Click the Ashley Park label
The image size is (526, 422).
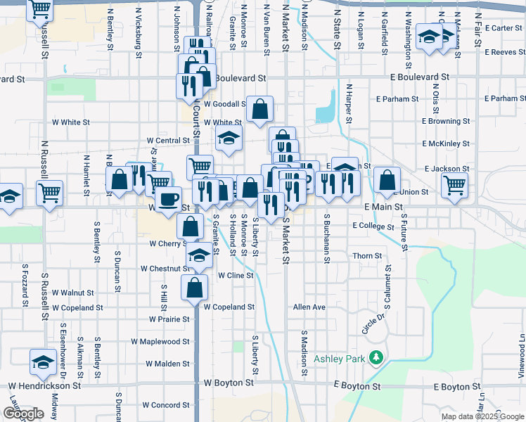[340, 359]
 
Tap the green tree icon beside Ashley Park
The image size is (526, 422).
[377, 358]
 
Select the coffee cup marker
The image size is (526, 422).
[167, 200]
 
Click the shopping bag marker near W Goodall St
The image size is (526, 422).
[259, 109]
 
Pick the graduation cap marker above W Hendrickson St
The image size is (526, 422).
[43, 362]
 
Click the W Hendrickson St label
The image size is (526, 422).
[44, 386]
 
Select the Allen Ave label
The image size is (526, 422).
[309, 307]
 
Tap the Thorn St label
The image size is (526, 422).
[367, 256]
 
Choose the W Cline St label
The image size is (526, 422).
[236, 276]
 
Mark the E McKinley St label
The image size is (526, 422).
[446, 143]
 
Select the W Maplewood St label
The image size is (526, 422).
[160, 342]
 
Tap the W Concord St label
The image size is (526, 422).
[166, 405]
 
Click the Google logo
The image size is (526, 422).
[23, 414]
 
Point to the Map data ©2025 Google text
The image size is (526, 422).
[482, 416]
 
